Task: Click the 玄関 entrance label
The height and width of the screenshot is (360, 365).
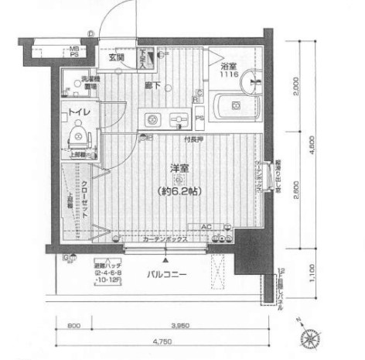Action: coord(116,57)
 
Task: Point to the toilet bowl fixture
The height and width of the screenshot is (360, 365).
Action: coord(77,137)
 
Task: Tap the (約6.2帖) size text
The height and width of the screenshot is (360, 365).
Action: coord(179,190)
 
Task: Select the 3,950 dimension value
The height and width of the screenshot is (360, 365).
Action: coord(179,324)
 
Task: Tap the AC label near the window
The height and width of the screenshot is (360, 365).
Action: coord(206,227)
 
